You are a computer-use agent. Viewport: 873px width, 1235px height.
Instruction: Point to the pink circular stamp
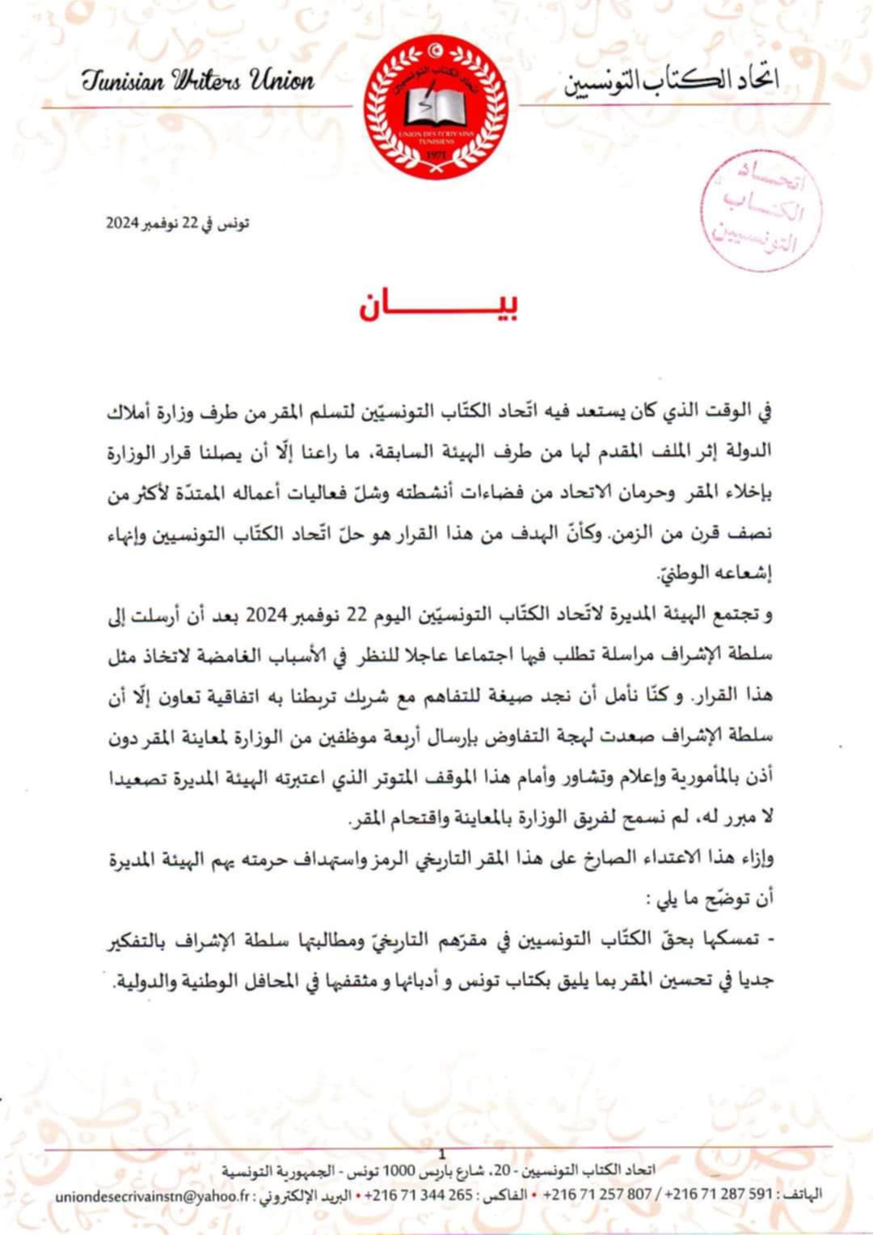pos(761,209)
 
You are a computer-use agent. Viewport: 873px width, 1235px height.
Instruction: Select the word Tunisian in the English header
pos(123,80)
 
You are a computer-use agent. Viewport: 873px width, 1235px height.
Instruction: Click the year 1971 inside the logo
pos(436,154)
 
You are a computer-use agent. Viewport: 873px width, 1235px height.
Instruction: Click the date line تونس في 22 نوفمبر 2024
pos(177,223)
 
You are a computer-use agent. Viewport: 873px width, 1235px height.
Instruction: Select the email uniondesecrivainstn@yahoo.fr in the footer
pos(154,1195)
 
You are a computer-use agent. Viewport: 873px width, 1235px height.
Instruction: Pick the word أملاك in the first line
pos(132,412)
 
